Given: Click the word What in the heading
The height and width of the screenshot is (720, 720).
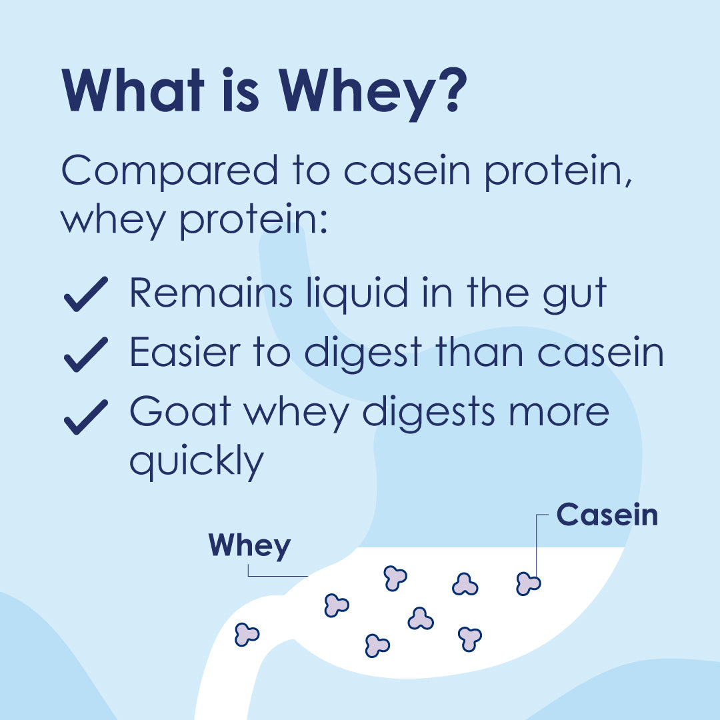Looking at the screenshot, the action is (133, 90).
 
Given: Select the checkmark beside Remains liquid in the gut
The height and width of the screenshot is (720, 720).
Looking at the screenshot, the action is (86, 294).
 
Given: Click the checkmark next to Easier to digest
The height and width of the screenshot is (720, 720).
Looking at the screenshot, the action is (86, 354).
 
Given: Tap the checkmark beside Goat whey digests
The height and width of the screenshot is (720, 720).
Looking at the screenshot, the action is (86, 417).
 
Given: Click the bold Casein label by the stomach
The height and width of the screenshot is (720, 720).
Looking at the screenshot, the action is (607, 515).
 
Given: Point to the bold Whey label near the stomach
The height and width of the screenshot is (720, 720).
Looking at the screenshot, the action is (250, 546).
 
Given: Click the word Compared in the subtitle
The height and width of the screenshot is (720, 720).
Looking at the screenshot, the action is (170, 171).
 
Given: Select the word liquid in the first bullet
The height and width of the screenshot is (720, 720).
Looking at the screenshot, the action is (357, 293).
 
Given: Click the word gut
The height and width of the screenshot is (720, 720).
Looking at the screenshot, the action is (575, 295).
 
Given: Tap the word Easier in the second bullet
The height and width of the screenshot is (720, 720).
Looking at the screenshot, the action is (185, 352).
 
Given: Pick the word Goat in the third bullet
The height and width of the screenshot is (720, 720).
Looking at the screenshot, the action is (180, 411).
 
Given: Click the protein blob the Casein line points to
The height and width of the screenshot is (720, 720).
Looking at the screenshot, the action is (528, 583).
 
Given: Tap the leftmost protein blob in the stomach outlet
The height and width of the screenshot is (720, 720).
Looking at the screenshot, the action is (247, 635).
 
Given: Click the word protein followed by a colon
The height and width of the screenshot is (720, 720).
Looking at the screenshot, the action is (247, 221).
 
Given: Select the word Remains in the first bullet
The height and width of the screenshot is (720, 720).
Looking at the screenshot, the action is (211, 293).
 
